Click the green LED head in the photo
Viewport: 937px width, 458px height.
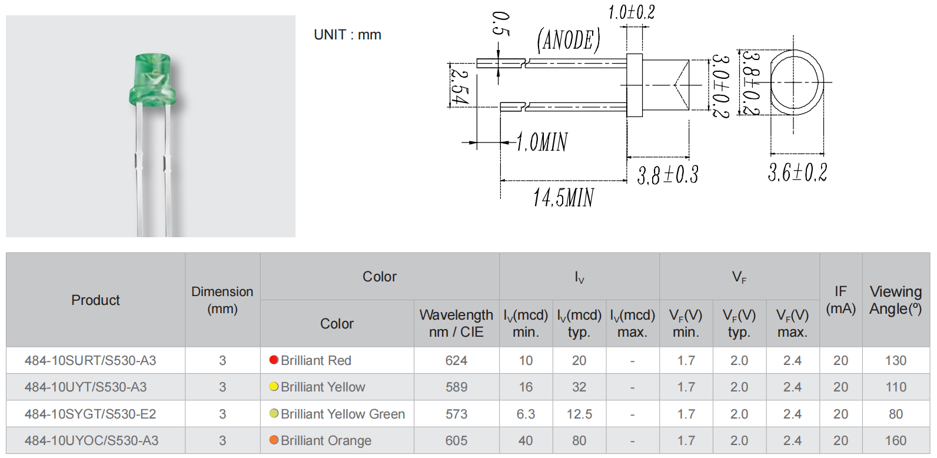point(152,79)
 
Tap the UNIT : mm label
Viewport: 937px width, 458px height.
point(347,35)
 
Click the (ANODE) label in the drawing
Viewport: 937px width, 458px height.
point(569,41)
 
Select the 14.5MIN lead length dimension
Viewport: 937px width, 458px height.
point(563,197)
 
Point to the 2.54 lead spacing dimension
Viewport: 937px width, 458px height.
point(459,87)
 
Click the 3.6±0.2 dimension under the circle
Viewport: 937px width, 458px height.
point(798,172)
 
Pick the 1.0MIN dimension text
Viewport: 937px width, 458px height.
point(542,142)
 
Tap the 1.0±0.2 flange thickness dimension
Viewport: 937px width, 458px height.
point(631,12)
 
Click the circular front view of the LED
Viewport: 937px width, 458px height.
point(797,82)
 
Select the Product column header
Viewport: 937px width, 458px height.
point(95,300)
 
